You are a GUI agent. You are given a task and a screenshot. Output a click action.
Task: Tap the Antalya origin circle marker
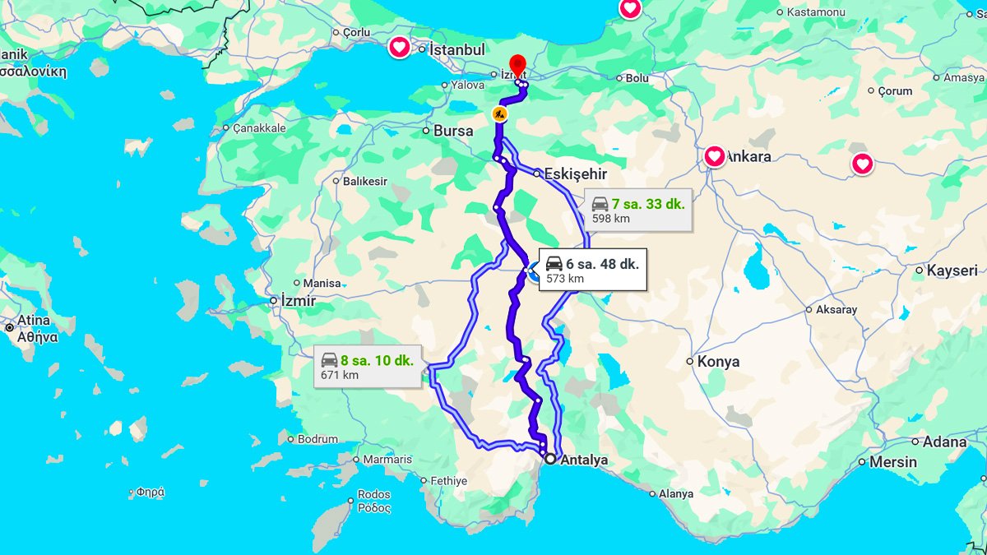coord(549,459)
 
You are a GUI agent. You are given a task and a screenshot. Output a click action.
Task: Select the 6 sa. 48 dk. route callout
coord(592,269)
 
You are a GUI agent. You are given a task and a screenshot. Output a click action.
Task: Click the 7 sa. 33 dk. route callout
coord(638,210)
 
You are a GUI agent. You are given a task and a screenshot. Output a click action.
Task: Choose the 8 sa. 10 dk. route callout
coord(367,366)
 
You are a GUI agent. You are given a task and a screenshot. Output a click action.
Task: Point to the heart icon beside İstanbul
coord(399,48)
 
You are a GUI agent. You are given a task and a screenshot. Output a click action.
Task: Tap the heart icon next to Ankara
coord(714,155)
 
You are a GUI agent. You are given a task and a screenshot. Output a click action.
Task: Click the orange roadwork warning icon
coord(499,113)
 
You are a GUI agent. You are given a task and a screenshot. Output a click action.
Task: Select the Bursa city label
coord(453,131)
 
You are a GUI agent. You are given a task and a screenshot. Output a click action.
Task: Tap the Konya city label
coord(718,361)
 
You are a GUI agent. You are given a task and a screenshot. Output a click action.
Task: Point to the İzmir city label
coord(298,301)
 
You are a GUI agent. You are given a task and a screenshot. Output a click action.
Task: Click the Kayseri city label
coord(952,271)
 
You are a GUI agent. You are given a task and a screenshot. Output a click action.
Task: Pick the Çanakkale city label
coord(259,128)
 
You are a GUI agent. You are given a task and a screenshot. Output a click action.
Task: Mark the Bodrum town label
coord(317,439)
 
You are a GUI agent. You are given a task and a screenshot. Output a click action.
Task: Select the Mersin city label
coord(892,462)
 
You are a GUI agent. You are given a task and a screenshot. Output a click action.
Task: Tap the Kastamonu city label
coord(816,12)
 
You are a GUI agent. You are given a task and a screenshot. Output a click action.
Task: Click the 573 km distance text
coord(564,279)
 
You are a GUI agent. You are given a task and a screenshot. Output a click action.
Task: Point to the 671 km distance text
coord(340,376)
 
